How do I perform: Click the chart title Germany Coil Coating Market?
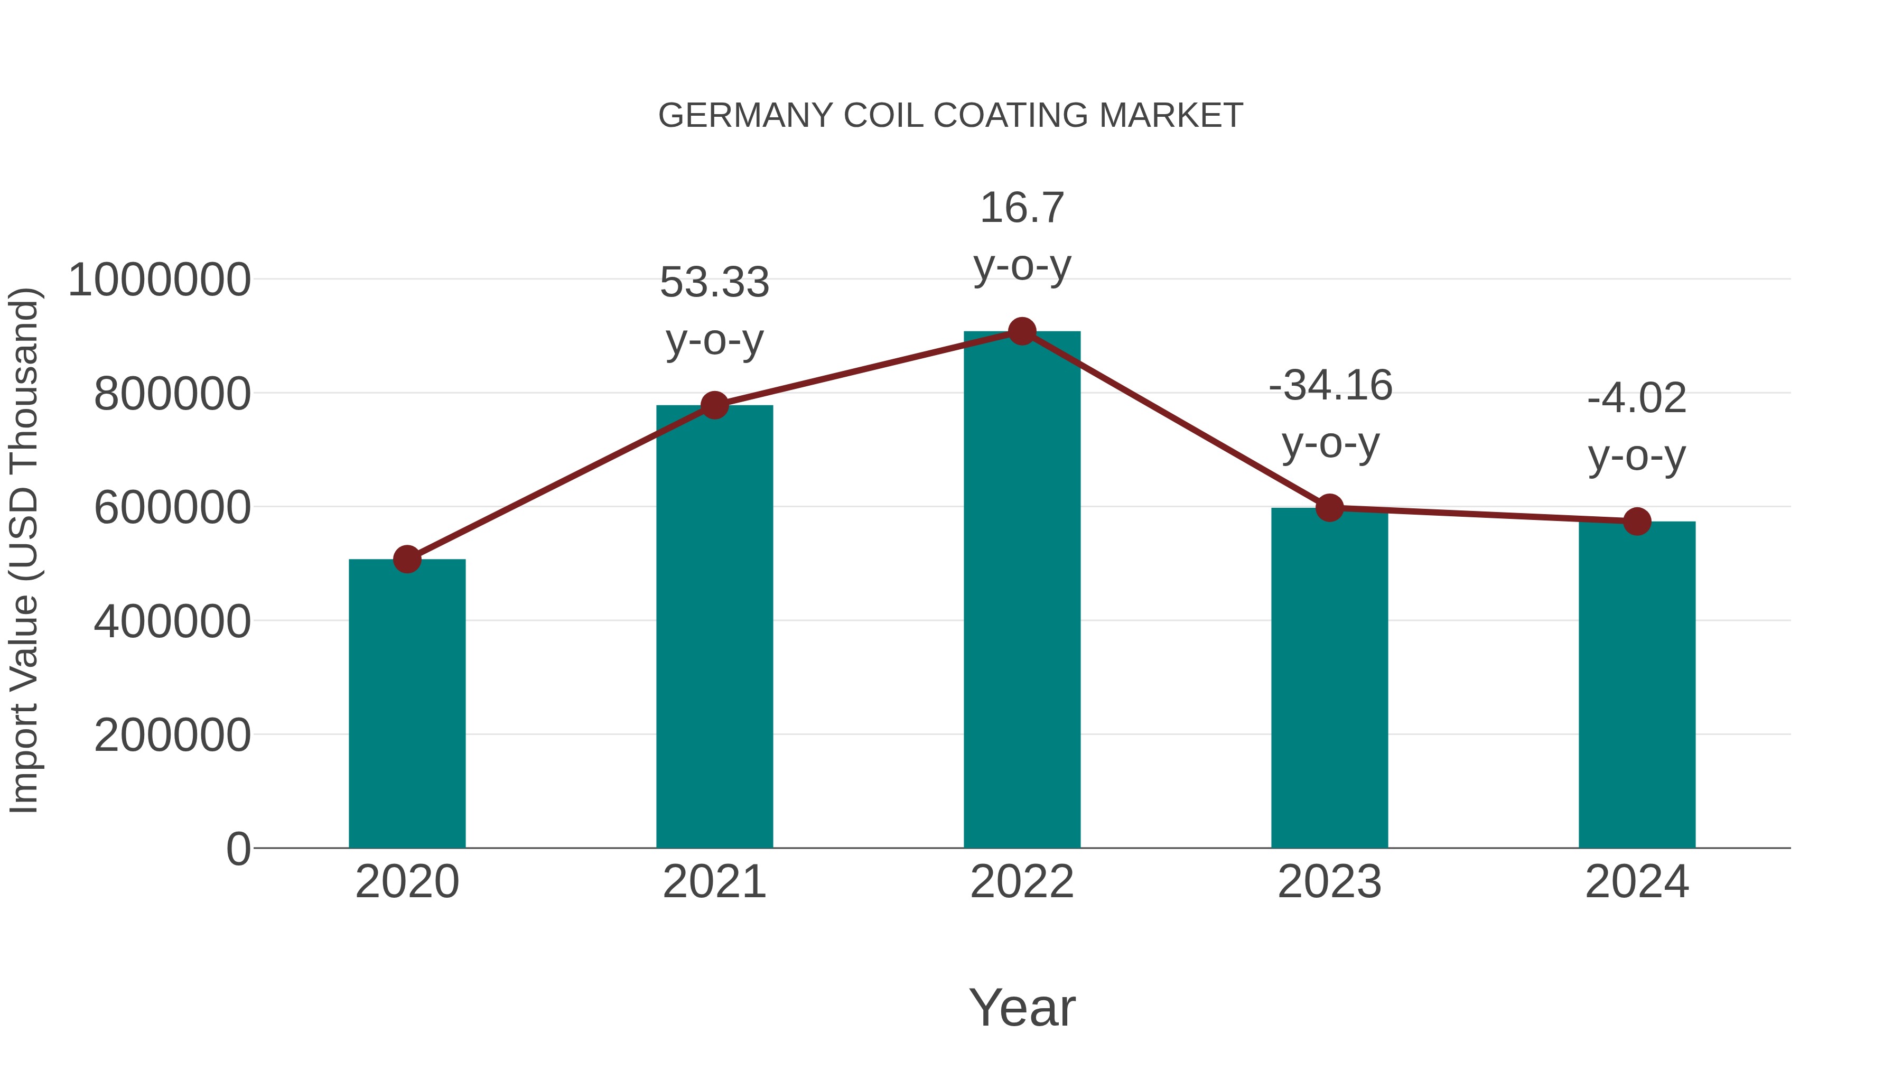(950, 116)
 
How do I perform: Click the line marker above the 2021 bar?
(714, 405)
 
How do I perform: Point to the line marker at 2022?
(1022, 331)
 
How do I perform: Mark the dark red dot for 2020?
(407, 559)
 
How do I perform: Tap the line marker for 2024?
(1637, 522)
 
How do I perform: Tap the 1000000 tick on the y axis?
(158, 281)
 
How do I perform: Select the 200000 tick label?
(172, 736)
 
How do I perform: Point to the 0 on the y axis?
(238, 849)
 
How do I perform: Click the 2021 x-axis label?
(714, 882)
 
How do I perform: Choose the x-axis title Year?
(1022, 1007)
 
